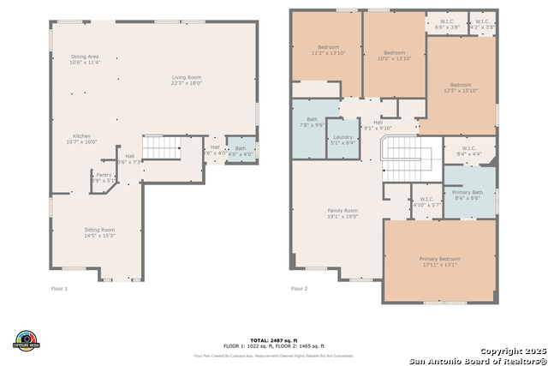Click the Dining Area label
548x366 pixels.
(85, 57)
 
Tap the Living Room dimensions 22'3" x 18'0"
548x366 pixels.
(186, 83)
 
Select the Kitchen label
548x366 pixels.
(81, 136)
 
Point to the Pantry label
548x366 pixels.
(103, 175)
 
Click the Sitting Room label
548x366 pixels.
(99, 230)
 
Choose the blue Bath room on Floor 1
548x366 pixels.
(241, 150)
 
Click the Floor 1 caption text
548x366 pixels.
(59, 289)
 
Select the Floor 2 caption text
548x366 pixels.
(300, 289)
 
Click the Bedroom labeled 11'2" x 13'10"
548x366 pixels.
(329, 47)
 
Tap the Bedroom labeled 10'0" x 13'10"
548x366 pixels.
(394, 52)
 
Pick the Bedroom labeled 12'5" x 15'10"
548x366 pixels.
(461, 85)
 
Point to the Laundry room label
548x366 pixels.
(343, 136)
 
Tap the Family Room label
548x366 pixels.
(342, 210)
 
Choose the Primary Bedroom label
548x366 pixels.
(439, 259)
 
